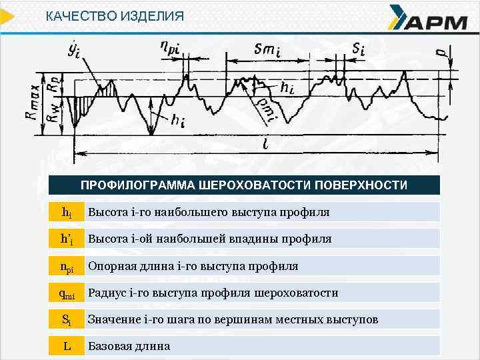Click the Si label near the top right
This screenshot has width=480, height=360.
pyautogui.click(x=359, y=48)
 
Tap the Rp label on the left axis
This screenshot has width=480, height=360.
pyautogui.click(x=52, y=83)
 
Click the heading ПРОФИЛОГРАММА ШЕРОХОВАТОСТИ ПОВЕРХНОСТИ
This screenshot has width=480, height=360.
pyautogui.click(x=244, y=185)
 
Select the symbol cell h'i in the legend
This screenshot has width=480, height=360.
pyautogui.click(x=67, y=239)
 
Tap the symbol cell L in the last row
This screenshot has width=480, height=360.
pyautogui.click(x=67, y=346)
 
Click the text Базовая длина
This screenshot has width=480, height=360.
pyautogui.click(x=129, y=346)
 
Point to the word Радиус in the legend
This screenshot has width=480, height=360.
pyautogui.click(x=107, y=293)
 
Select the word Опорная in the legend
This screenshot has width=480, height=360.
pyautogui.click(x=111, y=266)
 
